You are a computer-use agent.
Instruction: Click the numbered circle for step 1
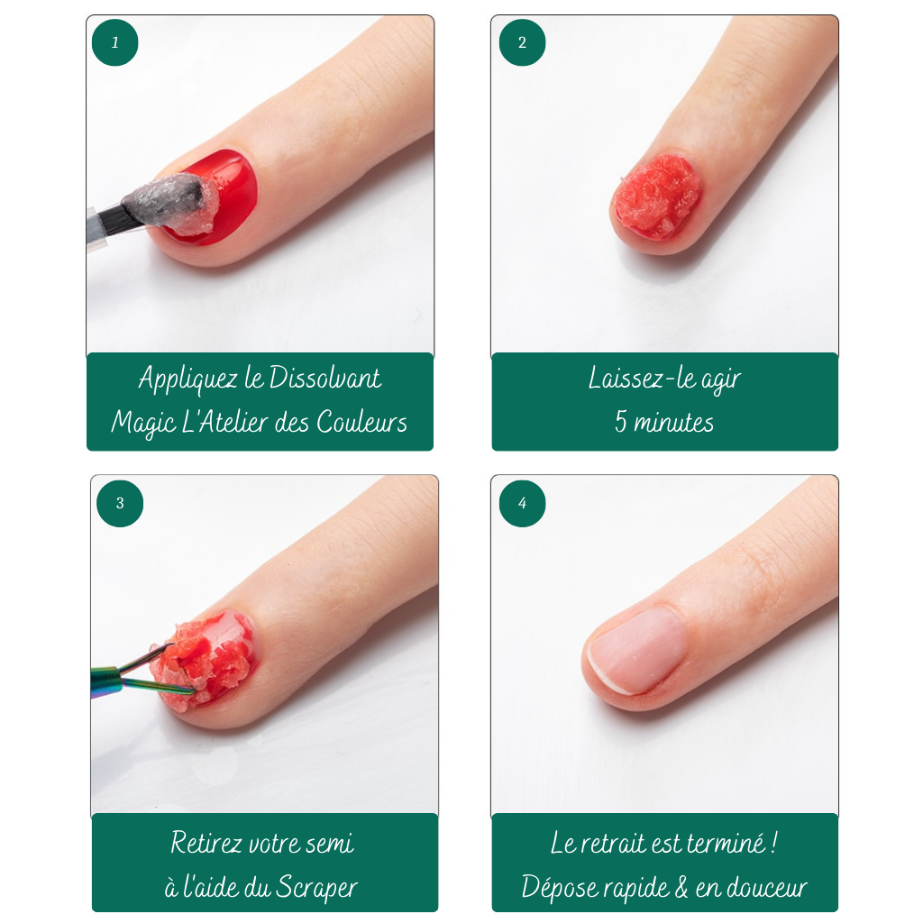click(114, 42)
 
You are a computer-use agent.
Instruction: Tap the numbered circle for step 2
click(522, 42)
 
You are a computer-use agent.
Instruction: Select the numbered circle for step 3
click(120, 503)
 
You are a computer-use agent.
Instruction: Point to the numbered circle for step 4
click(522, 503)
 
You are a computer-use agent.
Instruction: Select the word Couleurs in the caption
click(362, 422)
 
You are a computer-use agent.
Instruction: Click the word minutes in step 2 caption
click(674, 423)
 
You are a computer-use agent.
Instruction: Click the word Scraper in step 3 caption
click(316, 887)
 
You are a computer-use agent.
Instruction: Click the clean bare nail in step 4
click(636, 651)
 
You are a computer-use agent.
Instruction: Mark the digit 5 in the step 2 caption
click(621, 422)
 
